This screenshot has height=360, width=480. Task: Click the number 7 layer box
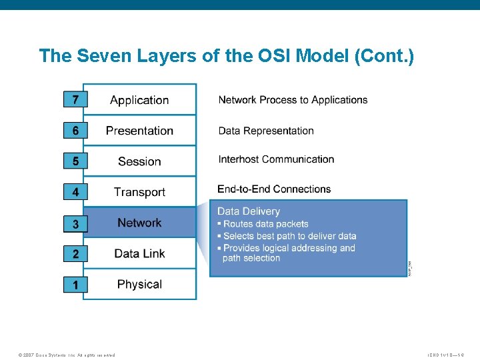(x=75, y=100)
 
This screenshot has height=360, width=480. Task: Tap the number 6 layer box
(x=75, y=131)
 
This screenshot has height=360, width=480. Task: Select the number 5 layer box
(x=75, y=161)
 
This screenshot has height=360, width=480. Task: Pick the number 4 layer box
(x=75, y=192)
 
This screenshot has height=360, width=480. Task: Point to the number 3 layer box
(x=75, y=225)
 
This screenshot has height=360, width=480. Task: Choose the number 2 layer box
(x=75, y=254)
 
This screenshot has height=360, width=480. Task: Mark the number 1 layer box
(x=75, y=285)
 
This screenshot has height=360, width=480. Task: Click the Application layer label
(x=139, y=100)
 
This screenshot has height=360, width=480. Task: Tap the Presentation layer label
(x=139, y=131)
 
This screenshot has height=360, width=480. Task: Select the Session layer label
(x=139, y=161)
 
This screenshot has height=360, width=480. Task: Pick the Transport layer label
(x=139, y=192)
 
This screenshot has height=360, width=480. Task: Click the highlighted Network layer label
(x=139, y=223)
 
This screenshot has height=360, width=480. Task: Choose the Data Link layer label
(x=139, y=253)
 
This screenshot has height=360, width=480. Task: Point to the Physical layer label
(x=139, y=284)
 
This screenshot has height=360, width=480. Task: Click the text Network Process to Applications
(x=293, y=100)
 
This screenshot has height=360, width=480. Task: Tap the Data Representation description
(x=266, y=131)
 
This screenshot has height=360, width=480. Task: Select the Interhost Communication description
(x=276, y=159)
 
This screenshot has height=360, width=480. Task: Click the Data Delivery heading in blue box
(x=249, y=211)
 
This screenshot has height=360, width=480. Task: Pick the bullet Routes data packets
(x=265, y=224)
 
